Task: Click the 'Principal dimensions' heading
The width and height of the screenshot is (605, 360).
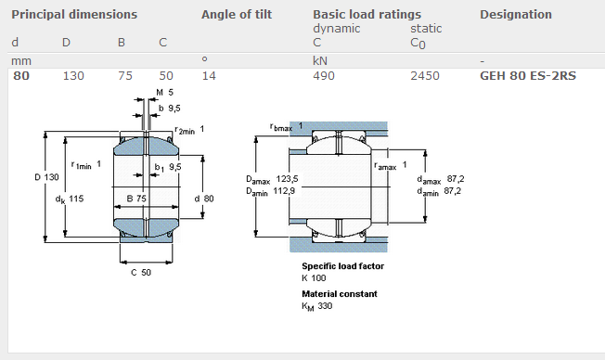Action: click(74, 15)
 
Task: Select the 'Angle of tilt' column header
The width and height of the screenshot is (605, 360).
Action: click(238, 15)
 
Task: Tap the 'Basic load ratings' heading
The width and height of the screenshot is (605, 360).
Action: click(367, 15)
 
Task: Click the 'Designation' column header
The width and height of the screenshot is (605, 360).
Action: click(515, 15)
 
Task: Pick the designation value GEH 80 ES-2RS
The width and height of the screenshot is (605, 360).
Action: click(527, 75)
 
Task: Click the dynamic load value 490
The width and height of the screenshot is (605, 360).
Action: click(324, 75)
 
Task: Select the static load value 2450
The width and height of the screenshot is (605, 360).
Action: click(425, 75)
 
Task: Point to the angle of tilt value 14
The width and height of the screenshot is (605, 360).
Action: click(209, 75)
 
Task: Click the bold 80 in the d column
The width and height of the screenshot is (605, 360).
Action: click(19, 75)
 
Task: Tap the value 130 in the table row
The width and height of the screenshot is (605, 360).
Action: click(73, 75)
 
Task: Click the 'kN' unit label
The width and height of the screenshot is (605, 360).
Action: click(320, 60)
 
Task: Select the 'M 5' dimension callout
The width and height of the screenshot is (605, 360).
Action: click(164, 93)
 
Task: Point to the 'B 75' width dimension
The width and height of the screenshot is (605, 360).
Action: click(135, 199)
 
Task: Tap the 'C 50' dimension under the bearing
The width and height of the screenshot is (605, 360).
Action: click(140, 272)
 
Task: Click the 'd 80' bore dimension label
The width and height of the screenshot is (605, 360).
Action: click(203, 199)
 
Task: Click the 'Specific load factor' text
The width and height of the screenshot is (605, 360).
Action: click(342, 266)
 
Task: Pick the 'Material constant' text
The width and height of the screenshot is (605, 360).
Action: click(340, 294)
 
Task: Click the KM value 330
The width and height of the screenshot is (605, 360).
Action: click(325, 306)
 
